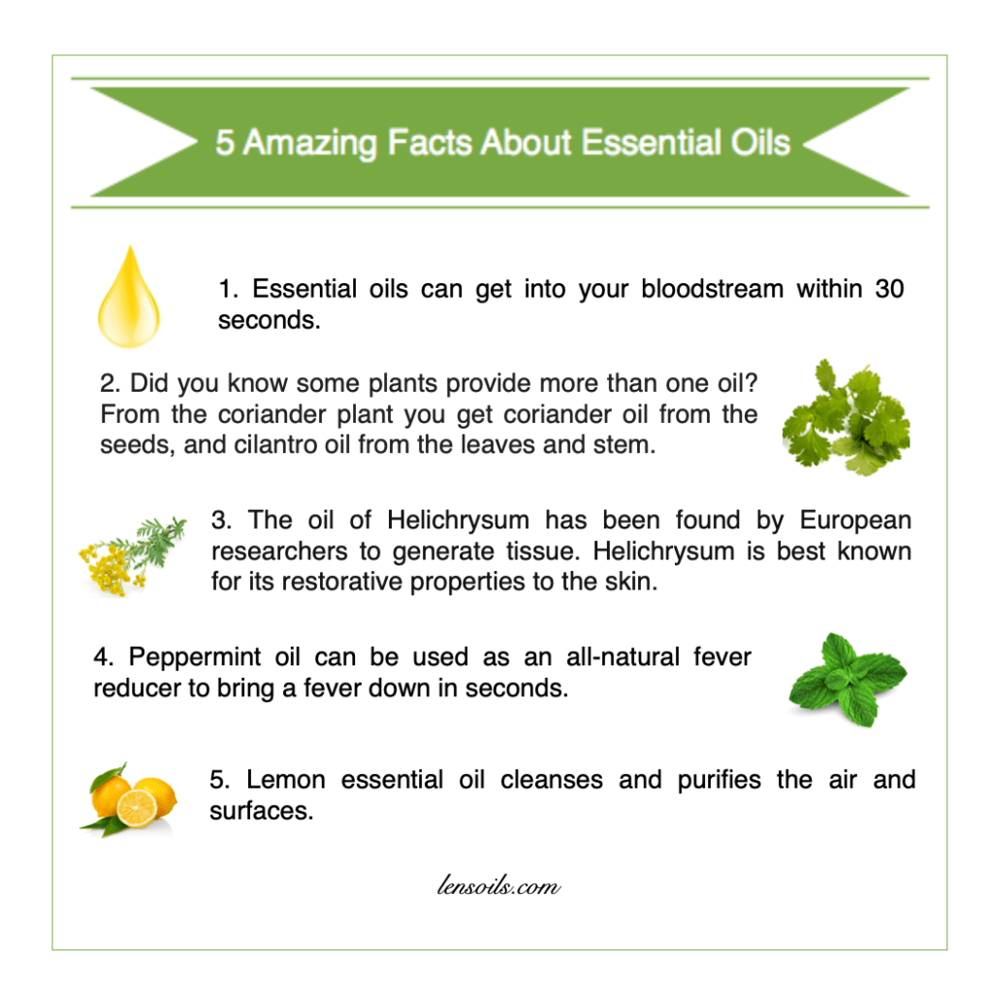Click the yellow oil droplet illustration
point(129,298)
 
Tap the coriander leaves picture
point(847,418)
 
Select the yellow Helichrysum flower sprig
point(132,556)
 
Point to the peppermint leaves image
point(848,679)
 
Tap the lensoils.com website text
point(498,885)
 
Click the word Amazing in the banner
point(310,144)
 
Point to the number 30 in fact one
point(889,289)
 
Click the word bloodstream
point(713,289)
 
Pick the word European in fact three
point(855,521)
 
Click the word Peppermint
point(195,658)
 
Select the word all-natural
point(624,657)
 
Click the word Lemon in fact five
point(286,780)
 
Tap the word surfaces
point(262,811)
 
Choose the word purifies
point(720,781)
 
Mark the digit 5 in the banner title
point(225,143)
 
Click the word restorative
point(342,582)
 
